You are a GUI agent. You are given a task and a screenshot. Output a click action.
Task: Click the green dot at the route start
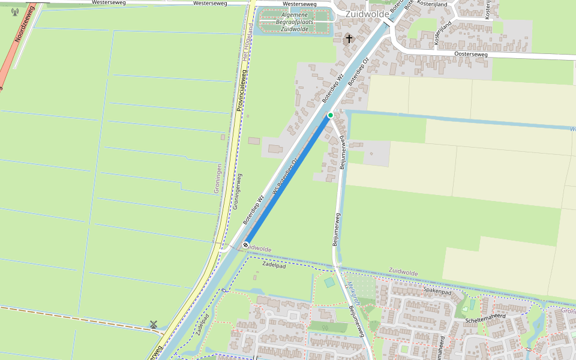pyautogui.click(x=331, y=115)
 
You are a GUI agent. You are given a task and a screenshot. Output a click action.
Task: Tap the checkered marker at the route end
pyautogui.click(x=246, y=245)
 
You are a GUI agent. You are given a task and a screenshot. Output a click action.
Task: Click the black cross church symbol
pyautogui.click(x=349, y=39)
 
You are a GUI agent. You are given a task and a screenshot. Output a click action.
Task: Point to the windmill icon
pyautogui.click(x=154, y=325)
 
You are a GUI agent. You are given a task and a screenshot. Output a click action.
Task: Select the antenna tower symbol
pyautogui.click(x=15, y=11)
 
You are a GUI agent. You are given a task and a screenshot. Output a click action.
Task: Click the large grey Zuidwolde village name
pyautogui.click(x=367, y=14)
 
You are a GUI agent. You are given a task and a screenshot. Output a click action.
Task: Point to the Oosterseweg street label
pyautogui.click(x=472, y=54)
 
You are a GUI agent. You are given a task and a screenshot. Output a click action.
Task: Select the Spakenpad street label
pyautogui.click(x=437, y=291)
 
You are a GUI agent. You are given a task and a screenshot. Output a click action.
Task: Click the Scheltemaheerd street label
pyautogui.click(x=487, y=317)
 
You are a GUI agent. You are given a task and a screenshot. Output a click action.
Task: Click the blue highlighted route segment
pyautogui.click(x=288, y=180)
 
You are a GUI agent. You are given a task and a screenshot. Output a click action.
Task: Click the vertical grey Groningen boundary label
pyautogui.click(x=218, y=178)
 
